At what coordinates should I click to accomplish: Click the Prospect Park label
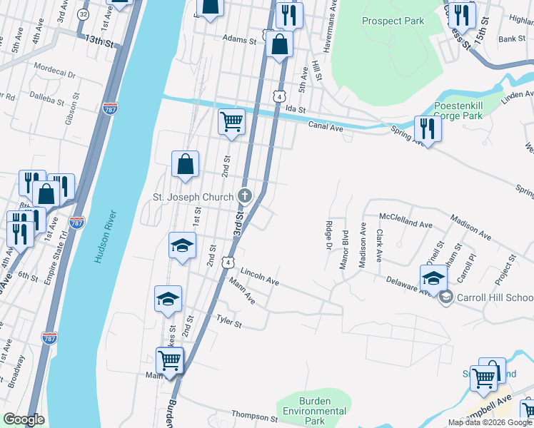pos(392,21)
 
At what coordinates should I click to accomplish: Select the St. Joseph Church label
pos(193,197)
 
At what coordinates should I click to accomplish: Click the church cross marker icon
pos(245,195)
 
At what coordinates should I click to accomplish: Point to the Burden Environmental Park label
pos(315,406)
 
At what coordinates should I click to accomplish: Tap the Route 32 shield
pos(85,14)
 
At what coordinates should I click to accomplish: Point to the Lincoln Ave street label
pos(259,277)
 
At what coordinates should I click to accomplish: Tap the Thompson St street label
pos(255,417)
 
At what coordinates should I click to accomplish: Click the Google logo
pos(24,419)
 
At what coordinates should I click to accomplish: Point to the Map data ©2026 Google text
pos(489,422)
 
